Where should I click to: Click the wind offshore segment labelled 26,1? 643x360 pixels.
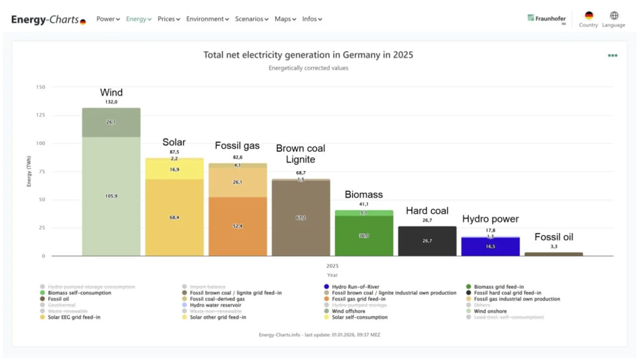[x=111, y=123]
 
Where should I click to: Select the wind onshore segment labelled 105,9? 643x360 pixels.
[x=111, y=196]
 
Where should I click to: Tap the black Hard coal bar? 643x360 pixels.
[x=427, y=241]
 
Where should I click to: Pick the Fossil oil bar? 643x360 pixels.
[x=554, y=254]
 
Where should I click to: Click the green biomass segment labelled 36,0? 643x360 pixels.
[x=364, y=236]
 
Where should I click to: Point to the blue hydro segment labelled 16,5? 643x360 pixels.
[x=491, y=247]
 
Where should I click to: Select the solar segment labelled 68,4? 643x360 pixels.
[x=175, y=217]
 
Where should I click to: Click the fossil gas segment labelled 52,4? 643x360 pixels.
[x=238, y=226]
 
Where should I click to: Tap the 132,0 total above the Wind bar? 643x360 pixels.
[x=111, y=102]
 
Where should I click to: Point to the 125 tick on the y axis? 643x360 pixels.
[x=40, y=115]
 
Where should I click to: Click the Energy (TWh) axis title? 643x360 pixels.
[x=29, y=172]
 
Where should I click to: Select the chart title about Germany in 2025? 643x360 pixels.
[x=308, y=55]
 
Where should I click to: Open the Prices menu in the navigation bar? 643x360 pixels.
[x=168, y=19]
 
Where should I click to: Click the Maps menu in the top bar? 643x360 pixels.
[x=285, y=19]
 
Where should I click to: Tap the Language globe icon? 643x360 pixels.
[x=613, y=16]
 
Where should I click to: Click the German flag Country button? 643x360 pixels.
[x=588, y=16]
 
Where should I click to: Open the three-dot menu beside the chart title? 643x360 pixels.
[x=612, y=55]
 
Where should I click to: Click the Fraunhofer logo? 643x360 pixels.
[x=547, y=18]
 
